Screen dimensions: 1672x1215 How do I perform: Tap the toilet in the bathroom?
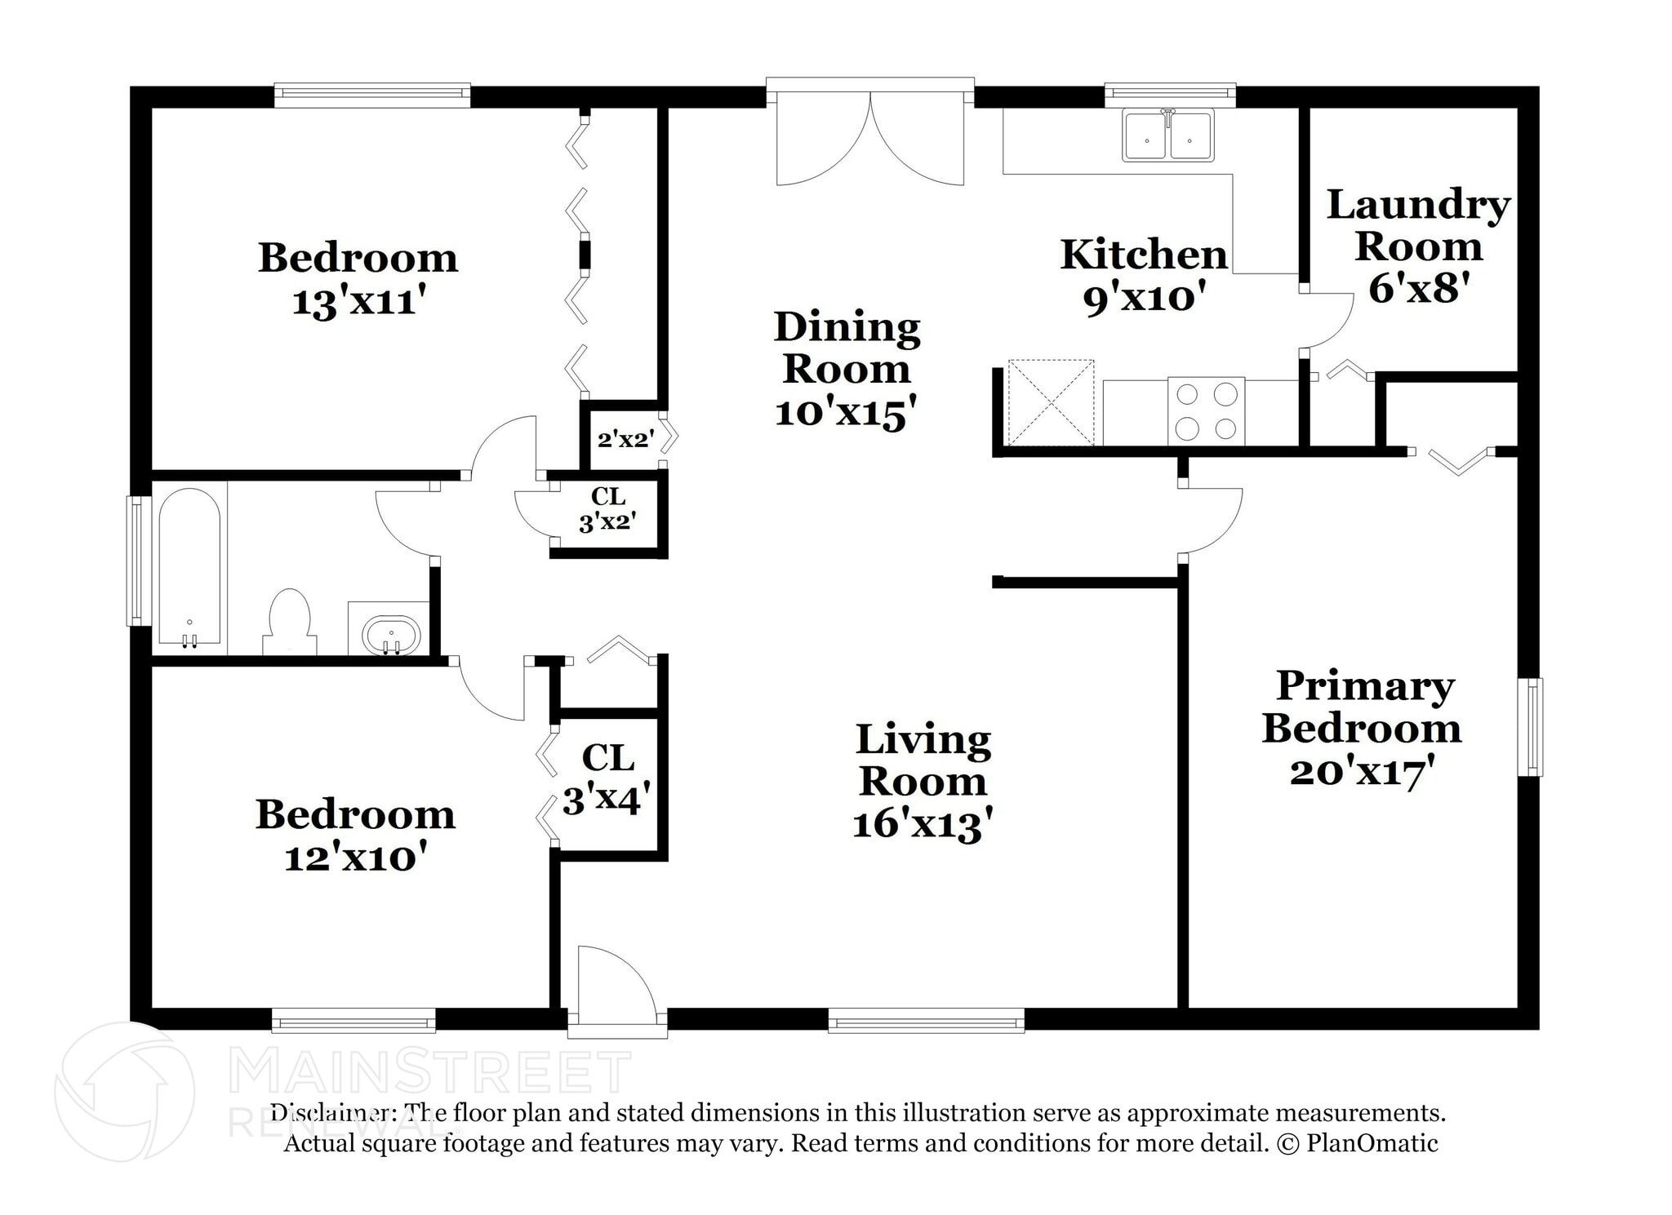coord(290,621)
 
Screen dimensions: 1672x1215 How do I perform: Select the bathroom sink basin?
coord(391,634)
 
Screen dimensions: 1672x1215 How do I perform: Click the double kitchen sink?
coord(1168,135)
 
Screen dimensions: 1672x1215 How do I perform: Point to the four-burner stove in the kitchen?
coord(1206,411)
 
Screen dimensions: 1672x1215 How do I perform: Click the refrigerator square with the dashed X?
coord(1051,402)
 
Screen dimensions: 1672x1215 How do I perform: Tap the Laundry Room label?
coord(1418,225)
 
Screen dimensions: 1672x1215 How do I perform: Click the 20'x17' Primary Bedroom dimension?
coord(1363,770)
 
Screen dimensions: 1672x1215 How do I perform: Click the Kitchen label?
coord(1144,255)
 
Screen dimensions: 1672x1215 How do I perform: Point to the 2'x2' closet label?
coord(625,440)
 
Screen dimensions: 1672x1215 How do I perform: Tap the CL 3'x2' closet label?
coord(607,508)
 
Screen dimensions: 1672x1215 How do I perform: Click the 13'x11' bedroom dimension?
coord(359,303)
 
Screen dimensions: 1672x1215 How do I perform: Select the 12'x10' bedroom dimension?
coord(356,858)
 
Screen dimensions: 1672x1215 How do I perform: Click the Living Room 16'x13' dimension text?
coord(923,824)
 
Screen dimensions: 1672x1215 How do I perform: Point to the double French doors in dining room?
coord(870,136)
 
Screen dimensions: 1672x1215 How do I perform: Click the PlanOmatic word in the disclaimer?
coord(1372,1143)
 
